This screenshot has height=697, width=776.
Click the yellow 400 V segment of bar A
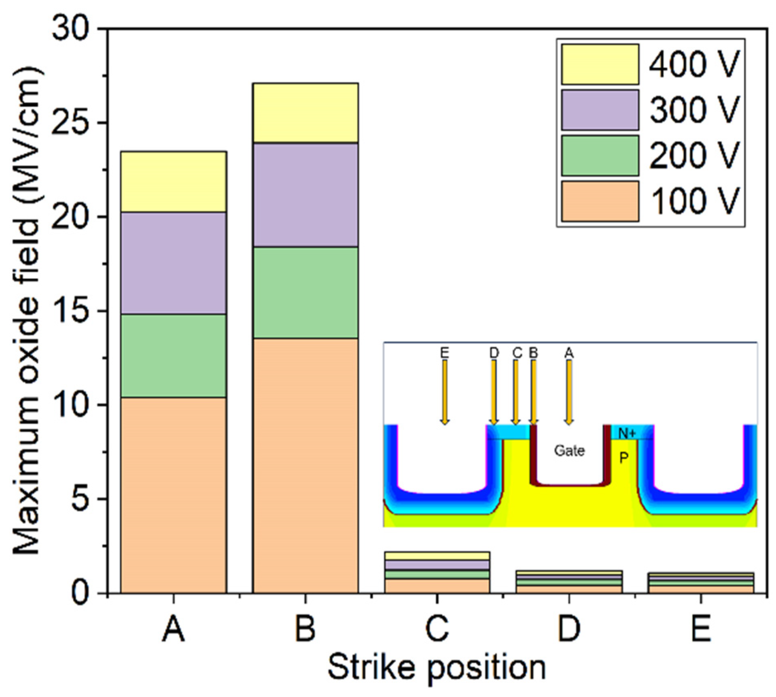pos(174,181)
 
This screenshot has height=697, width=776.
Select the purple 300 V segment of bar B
pos(305,195)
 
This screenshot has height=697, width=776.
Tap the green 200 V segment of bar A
pos(174,355)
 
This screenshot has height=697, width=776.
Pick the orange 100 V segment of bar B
pos(305,465)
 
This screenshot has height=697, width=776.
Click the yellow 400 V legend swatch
pos(600,64)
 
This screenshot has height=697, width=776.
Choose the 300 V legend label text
pos(694,110)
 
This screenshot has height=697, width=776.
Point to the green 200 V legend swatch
pos(600,156)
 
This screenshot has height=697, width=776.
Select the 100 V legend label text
pos(694,201)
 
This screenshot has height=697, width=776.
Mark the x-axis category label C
pos(437,629)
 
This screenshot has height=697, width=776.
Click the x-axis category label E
pos(700,629)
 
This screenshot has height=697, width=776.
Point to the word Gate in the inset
pos(569,451)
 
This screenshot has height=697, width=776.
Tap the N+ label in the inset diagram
pos(627,433)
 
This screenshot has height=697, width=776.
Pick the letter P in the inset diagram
pos(624,458)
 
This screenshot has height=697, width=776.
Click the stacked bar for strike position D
pos(569,582)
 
